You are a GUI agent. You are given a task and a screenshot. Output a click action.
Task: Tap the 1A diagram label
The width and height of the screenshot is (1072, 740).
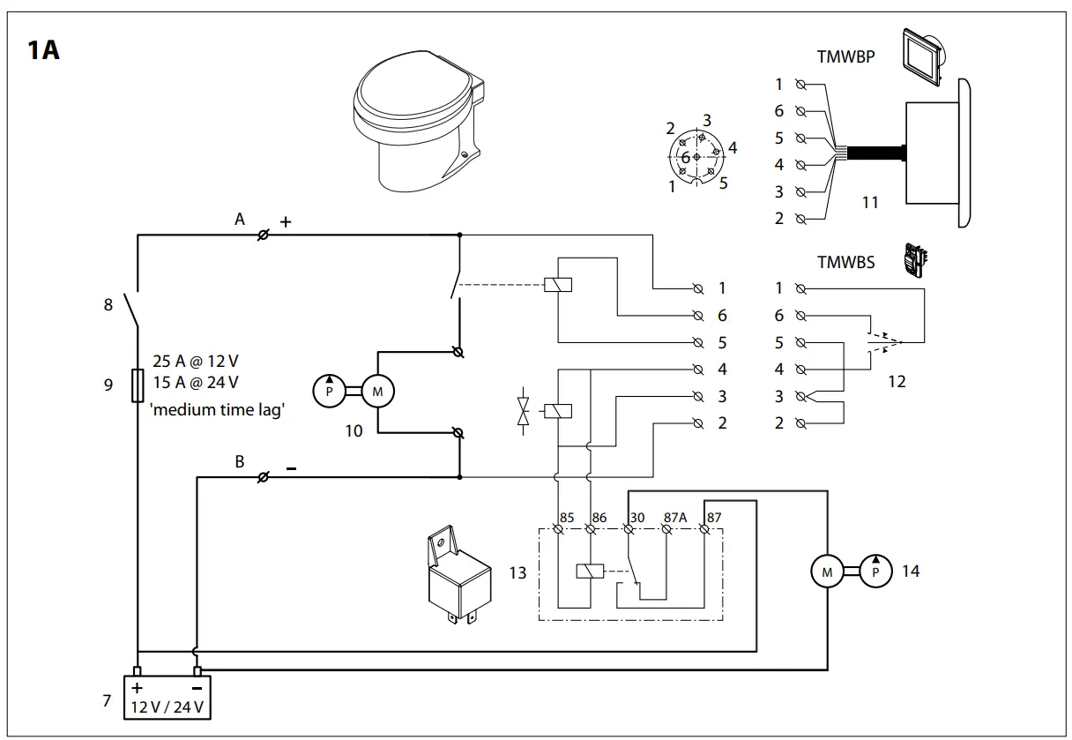click(x=44, y=50)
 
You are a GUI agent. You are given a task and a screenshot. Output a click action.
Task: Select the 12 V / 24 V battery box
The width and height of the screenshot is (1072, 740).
click(x=167, y=698)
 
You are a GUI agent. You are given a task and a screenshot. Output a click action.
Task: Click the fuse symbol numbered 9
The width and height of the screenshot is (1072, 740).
click(x=138, y=385)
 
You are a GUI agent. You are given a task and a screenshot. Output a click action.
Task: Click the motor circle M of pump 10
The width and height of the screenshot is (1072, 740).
click(x=378, y=392)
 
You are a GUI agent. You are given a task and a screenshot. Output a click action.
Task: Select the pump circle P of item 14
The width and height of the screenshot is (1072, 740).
click(x=875, y=572)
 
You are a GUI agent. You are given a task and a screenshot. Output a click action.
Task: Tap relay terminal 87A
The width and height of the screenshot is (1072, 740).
click(x=666, y=529)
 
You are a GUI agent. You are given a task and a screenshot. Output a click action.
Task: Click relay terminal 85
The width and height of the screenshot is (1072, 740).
click(x=558, y=529)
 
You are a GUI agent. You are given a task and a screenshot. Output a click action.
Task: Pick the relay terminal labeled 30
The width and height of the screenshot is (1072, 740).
click(x=629, y=529)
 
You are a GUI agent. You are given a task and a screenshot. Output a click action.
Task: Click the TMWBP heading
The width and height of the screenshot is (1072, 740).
click(x=845, y=57)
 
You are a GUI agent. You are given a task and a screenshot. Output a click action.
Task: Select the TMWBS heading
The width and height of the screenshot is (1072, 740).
click(x=845, y=262)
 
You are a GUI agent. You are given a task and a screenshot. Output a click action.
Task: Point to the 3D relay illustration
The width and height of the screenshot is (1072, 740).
click(x=454, y=573)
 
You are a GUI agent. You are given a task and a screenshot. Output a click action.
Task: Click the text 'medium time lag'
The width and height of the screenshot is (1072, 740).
click(x=219, y=409)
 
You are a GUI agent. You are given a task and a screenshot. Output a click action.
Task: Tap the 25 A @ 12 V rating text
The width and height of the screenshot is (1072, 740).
click(x=195, y=362)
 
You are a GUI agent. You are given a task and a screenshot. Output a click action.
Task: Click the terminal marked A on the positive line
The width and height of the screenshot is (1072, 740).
click(x=263, y=235)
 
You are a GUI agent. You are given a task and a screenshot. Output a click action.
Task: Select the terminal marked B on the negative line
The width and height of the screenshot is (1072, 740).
click(x=263, y=477)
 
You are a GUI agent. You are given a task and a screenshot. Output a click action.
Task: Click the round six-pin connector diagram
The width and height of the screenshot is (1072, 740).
click(x=697, y=157)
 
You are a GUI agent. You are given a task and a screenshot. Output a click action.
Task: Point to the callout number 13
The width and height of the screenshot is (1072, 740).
click(x=517, y=573)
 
